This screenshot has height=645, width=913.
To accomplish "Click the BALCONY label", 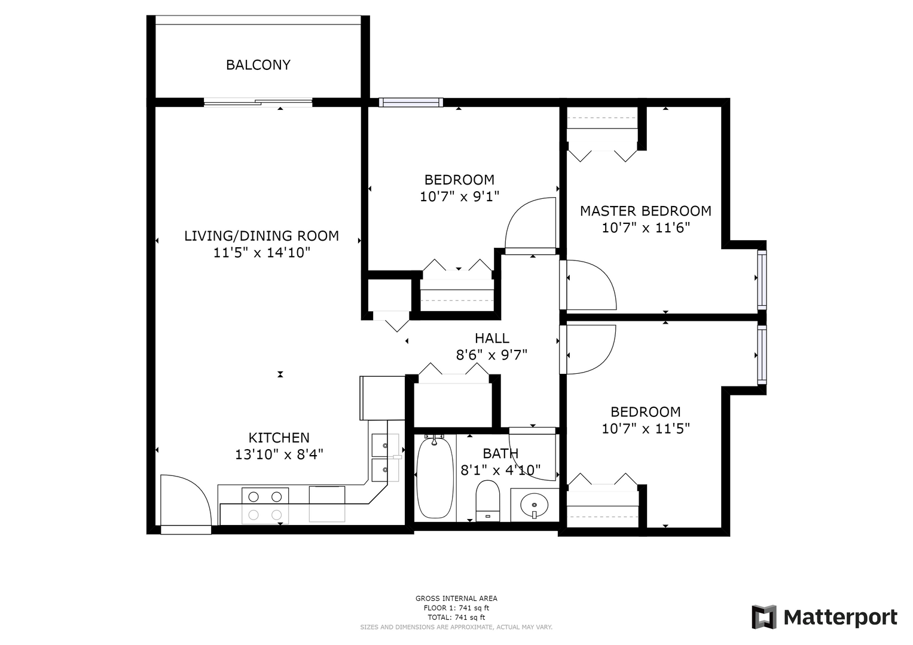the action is coord(258,64).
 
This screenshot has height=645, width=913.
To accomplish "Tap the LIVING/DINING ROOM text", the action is coord(261,236).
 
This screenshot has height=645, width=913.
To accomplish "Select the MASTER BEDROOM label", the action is coord(646,211).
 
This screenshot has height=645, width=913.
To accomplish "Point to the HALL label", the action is coord(491,338).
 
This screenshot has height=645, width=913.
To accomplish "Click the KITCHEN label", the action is coord(279,438).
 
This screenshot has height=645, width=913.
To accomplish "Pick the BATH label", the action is coord(500,453).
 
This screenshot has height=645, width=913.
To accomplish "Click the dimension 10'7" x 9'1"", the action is coord(459,196).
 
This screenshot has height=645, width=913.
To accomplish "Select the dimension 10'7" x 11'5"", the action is coord(646,429).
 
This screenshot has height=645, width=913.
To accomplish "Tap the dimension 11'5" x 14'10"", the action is coord(262,253).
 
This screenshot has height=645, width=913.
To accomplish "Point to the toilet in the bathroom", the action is coord(487,500).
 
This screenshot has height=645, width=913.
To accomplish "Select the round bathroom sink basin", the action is coord(534,505).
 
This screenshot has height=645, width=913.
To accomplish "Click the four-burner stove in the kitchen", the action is coord(265,506).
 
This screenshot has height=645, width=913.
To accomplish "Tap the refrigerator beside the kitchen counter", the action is coord(382,398).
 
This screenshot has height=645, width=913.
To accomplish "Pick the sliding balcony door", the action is coord(258,102).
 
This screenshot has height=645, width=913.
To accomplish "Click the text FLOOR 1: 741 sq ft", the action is coord(456,609).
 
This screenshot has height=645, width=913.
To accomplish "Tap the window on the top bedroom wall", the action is coord(411,102).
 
